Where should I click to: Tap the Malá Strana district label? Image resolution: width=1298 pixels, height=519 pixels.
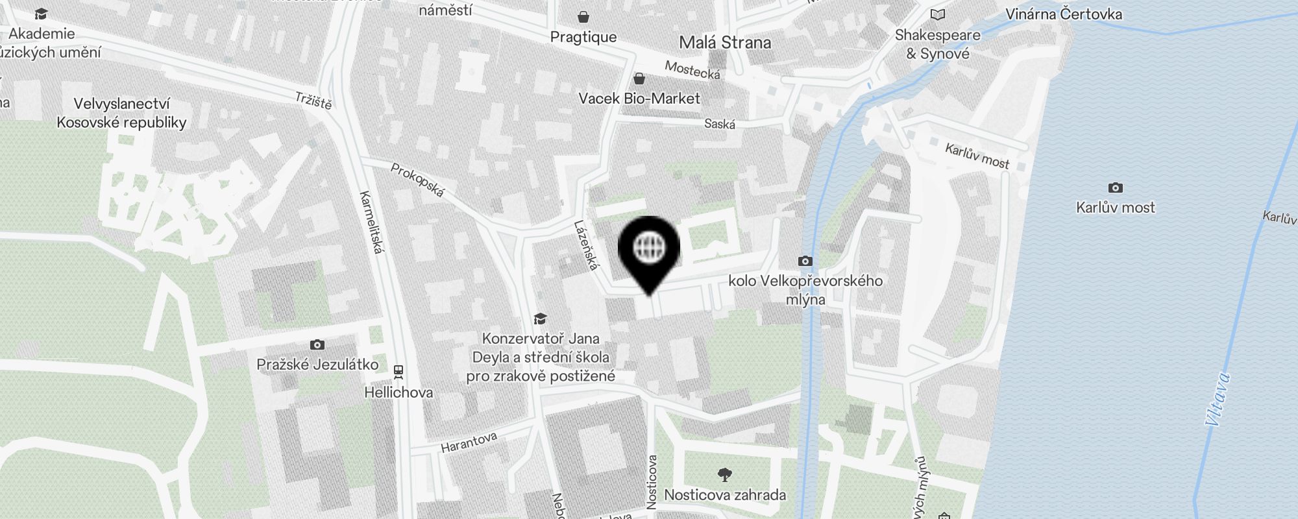pyautogui.click(x=725, y=43)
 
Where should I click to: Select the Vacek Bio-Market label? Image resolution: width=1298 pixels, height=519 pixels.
pyautogui.click(x=639, y=98)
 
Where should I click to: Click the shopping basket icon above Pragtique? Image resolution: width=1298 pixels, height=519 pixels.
pyautogui.click(x=583, y=16)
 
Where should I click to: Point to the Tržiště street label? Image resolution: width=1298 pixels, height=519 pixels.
pyautogui.click(x=313, y=101)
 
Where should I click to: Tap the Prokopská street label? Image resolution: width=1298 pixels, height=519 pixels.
pyautogui.click(x=418, y=180)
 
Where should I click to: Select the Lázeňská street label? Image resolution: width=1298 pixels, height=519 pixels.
pyautogui.click(x=585, y=246)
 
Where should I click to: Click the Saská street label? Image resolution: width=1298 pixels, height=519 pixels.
pyautogui.click(x=720, y=123)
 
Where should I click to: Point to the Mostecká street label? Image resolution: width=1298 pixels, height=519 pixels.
pyautogui.click(x=692, y=70)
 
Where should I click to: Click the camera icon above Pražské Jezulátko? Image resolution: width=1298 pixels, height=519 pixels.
pyautogui.click(x=317, y=344)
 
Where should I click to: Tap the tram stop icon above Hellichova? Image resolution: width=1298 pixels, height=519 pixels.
pyautogui.click(x=398, y=372)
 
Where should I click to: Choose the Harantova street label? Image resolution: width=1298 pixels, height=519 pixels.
pyautogui.click(x=469, y=442)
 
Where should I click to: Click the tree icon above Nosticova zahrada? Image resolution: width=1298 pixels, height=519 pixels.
pyautogui.click(x=725, y=475)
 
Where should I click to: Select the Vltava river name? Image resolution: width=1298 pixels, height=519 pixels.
pyautogui.click(x=1217, y=399)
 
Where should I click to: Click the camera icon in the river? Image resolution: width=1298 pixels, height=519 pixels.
pyautogui.click(x=1115, y=188)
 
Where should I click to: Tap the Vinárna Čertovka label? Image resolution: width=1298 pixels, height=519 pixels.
pyautogui.click(x=1063, y=14)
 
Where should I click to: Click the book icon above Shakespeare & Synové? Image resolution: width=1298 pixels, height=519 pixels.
pyautogui.click(x=937, y=14)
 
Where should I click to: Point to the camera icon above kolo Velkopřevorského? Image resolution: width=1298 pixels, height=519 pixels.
pyautogui.click(x=805, y=261)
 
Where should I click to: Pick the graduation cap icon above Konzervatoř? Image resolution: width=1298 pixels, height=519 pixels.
pyautogui.click(x=540, y=319)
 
